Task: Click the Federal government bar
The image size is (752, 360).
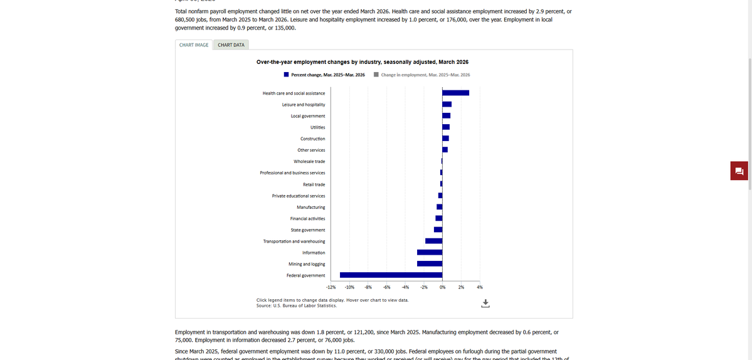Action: [x=391, y=275]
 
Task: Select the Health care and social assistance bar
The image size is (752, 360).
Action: [x=455, y=93]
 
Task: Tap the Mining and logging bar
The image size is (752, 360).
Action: [x=430, y=264]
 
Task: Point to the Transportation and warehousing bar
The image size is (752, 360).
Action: [x=433, y=241]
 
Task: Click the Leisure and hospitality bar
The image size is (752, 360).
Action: [x=447, y=104]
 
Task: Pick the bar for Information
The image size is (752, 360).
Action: [x=430, y=253]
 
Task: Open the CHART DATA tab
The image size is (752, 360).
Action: [x=231, y=45]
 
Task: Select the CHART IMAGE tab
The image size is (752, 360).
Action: [x=194, y=45]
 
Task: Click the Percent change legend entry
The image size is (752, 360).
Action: [x=324, y=75]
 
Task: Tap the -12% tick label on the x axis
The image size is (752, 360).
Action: [x=331, y=287]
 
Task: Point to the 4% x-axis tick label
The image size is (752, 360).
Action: [x=480, y=287]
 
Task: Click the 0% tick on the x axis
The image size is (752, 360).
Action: [x=442, y=287]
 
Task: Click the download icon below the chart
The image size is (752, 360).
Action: [x=485, y=304]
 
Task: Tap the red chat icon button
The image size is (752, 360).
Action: [x=739, y=171]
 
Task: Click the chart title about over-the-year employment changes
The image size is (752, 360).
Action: [x=363, y=62]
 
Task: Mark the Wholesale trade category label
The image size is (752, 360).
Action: [x=309, y=161]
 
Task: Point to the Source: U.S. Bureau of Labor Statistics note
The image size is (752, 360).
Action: [x=297, y=306]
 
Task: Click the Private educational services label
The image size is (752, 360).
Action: [x=299, y=196]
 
